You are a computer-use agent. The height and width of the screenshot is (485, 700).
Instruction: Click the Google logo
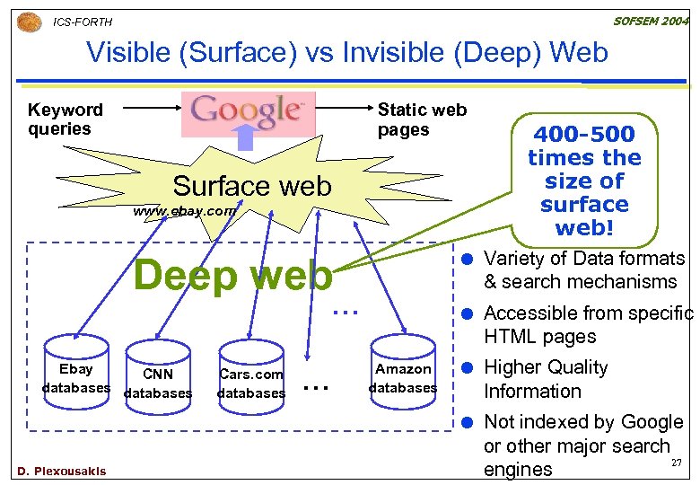point(248,110)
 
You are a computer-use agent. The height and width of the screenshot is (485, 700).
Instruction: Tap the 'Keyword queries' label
point(65,119)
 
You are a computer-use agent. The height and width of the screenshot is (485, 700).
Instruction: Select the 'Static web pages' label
point(422,119)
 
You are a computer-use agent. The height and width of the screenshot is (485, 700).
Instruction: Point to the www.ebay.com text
point(184,212)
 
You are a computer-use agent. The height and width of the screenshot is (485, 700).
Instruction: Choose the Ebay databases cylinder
point(76,378)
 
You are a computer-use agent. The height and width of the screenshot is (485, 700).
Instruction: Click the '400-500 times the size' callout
point(584,181)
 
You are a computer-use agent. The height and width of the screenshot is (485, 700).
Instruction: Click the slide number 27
point(678,463)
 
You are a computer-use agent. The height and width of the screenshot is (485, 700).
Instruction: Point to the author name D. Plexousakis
point(61,472)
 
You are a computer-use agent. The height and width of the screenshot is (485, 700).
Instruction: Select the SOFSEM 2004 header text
point(652,20)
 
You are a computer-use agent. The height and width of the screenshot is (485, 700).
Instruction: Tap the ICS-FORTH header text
point(83,22)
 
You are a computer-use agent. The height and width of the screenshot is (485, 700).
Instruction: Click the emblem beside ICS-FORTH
point(29,21)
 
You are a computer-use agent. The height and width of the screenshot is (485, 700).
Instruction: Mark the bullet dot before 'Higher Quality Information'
point(468,368)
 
